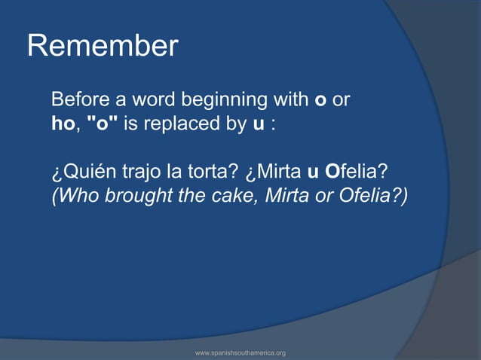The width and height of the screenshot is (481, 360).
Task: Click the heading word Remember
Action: tap(103, 47)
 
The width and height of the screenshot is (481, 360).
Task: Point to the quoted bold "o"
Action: tap(103, 123)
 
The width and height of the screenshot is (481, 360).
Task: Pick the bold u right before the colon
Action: tap(258, 124)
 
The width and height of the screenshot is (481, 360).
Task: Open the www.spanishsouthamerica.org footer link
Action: tap(240, 352)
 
